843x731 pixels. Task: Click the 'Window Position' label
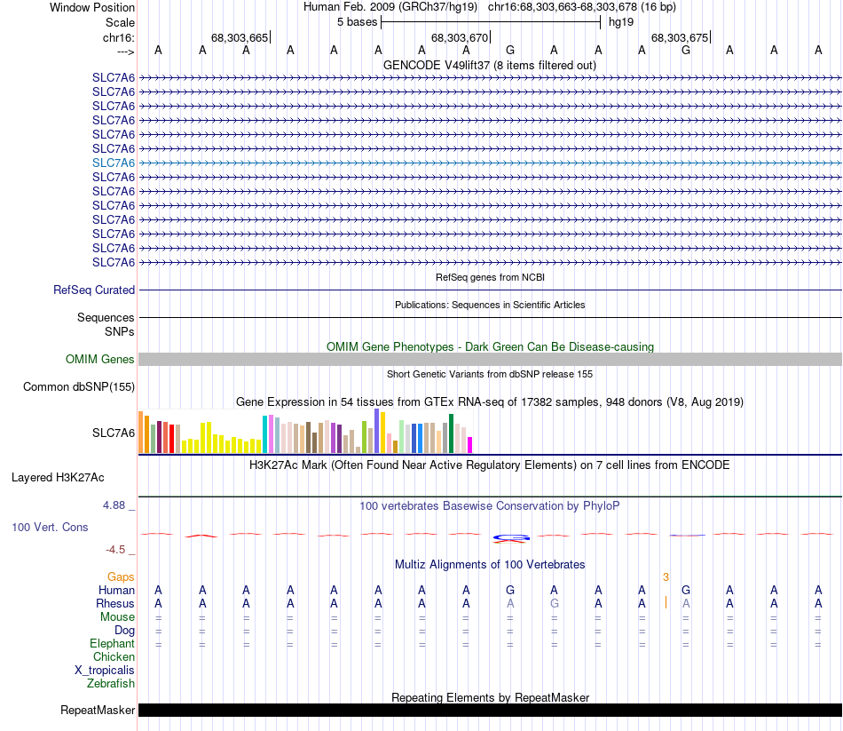click(92, 7)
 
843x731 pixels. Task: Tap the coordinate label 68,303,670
click(460, 37)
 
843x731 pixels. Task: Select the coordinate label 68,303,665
click(239, 37)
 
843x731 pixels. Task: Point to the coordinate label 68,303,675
click(680, 37)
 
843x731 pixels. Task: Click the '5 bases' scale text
click(357, 21)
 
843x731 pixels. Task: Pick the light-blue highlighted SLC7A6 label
click(114, 163)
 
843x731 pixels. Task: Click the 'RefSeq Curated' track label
click(94, 290)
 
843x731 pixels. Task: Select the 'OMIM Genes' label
click(100, 360)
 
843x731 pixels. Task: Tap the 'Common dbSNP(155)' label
click(79, 386)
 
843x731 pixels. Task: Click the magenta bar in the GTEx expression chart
click(470, 444)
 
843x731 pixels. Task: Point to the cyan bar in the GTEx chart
click(265, 433)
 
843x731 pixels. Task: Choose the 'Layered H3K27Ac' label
click(58, 477)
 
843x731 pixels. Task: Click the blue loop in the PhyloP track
click(511, 536)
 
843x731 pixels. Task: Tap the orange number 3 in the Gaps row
click(666, 577)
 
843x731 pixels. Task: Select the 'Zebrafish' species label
click(111, 684)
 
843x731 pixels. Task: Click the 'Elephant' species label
click(112, 643)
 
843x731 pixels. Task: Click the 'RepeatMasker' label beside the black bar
click(98, 711)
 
